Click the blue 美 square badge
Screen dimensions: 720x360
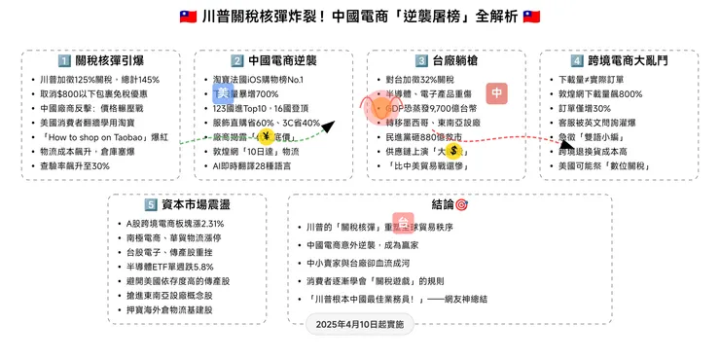(x=223, y=92)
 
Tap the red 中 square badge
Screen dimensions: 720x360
(x=496, y=93)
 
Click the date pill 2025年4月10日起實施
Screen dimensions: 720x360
(x=360, y=322)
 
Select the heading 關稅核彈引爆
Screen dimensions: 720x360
(x=98, y=60)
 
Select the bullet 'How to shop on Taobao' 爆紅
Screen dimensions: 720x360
(x=98, y=137)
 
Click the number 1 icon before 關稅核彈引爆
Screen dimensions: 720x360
(x=64, y=60)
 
